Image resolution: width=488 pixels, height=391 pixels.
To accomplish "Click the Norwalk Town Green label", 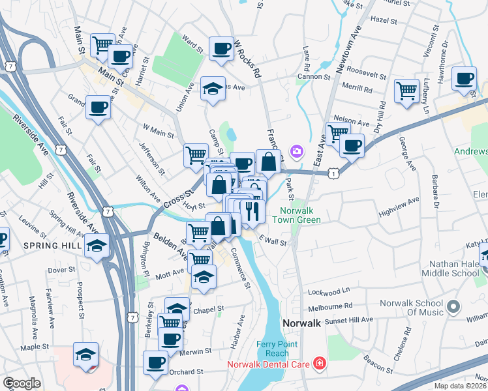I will (300, 215).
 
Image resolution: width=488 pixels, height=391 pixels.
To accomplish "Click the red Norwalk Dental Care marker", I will (319, 362).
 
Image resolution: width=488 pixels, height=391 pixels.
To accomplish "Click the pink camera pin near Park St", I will (297, 151).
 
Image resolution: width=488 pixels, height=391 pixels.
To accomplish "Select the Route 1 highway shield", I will (334, 173).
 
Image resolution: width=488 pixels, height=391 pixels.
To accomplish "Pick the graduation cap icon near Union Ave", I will (213, 89).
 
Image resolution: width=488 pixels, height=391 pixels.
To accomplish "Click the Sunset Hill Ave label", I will (352, 320).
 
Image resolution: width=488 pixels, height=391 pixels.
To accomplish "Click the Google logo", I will (22, 383).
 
